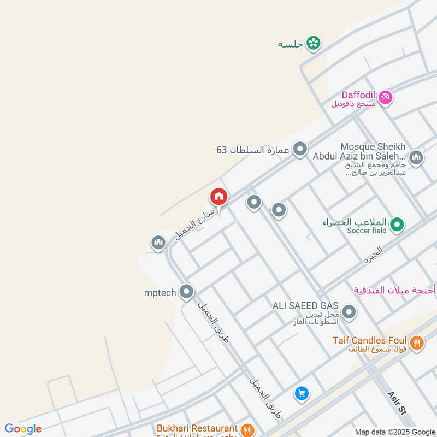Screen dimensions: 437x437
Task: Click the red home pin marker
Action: coord(219,197)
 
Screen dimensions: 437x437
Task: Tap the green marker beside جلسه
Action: coord(313,43)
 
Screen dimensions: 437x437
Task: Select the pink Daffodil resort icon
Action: coord(386,97)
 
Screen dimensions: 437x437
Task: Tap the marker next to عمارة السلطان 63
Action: coord(300,149)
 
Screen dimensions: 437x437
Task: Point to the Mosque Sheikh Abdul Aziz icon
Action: coord(416,158)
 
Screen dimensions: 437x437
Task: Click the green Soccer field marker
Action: coord(398,224)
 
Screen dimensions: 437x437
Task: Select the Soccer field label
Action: coord(367,231)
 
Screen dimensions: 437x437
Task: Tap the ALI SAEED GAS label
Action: coord(305,305)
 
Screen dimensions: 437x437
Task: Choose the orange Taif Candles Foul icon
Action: coord(417,342)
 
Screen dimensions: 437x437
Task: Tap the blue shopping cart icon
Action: coord(301,393)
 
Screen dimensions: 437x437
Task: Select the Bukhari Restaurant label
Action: coord(197,429)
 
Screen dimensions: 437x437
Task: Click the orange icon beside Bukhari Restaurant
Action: coord(247,429)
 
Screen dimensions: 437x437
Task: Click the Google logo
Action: coord(23,429)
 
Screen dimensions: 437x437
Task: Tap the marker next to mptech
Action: coord(187,292)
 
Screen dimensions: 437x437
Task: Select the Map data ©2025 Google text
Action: coord(394,432)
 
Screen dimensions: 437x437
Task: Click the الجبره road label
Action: coord(374,255)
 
